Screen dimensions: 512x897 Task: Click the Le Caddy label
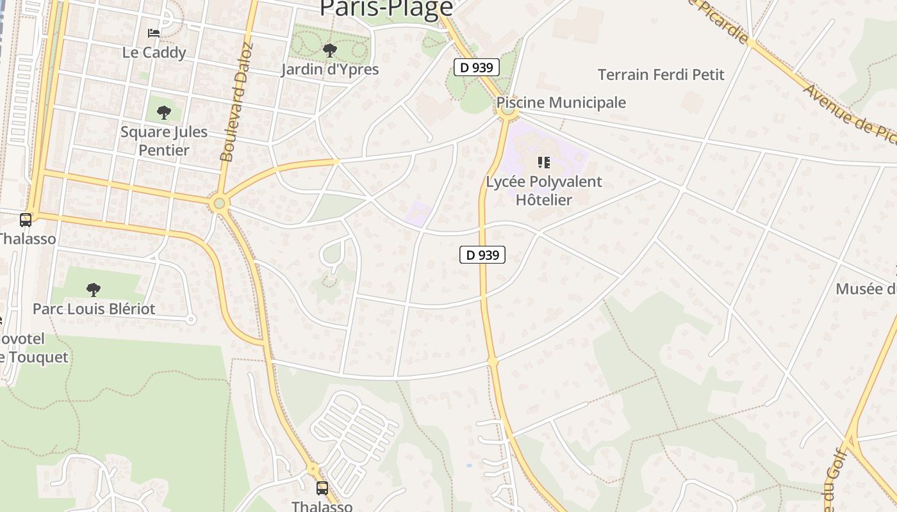154,52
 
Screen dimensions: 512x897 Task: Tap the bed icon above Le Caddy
153,33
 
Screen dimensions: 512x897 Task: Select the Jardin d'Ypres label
330,69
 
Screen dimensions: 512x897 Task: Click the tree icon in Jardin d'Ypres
330,50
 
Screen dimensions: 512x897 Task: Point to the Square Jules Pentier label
164,141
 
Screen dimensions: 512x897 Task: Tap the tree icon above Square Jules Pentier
164,113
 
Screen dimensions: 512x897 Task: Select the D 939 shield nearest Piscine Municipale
476,67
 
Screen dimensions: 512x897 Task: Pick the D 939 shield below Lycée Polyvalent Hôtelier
482,255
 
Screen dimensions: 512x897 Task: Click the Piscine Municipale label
561,102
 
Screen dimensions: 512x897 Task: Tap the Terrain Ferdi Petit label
661,75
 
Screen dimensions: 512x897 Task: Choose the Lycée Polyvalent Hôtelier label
544,191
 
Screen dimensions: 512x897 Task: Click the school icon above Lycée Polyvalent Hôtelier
544,162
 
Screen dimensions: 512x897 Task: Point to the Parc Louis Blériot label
94,309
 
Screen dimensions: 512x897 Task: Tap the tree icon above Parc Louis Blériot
94,290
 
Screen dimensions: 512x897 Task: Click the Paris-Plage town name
386,8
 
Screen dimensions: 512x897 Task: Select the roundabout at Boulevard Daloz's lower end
220,204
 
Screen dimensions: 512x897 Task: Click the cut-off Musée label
866,289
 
